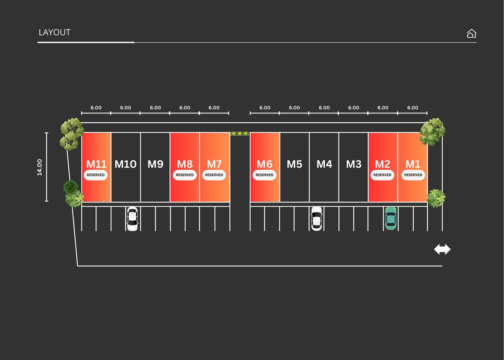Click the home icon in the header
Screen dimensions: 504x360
point(471,34)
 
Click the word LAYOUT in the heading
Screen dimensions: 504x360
point(55,33)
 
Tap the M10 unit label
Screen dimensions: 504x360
point(126,164)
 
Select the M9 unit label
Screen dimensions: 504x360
point(155,164)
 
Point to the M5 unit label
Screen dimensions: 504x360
point(294,164)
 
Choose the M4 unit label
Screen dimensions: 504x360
point(324,164)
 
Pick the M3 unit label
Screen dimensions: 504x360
point(354,164)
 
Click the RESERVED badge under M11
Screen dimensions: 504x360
point(96,175)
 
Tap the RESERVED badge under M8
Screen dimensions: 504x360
point(185,175)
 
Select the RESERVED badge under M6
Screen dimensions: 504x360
point(264,175)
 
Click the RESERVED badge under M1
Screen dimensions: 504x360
point(413,175)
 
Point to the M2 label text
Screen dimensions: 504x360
point(382,164)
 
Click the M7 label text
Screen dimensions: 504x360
point(214,164)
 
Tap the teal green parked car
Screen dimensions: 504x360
point(391,218)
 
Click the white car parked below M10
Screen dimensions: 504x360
point(132,219)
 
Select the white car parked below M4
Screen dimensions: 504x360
point(316,219)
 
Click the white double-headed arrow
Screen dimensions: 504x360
point(442,249)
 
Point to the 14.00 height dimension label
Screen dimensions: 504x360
point(39,167)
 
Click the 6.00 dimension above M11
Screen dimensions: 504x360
point(96,108)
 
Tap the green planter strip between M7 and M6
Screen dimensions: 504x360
point(240,134)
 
